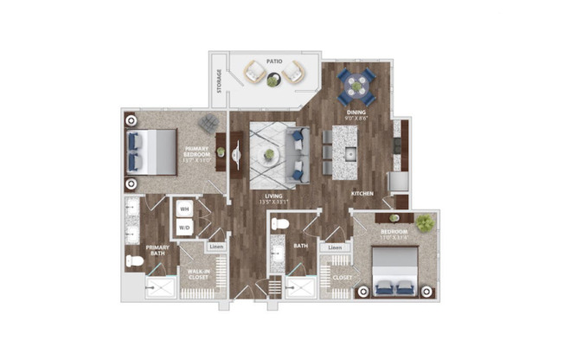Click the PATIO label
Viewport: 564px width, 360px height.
[x=275, y=61]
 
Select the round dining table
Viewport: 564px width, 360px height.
[x=356, y=86]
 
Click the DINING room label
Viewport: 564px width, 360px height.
[x=356, y=112]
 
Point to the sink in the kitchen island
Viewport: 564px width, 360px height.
[x=350, y=153]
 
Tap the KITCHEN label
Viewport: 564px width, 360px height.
[x=362, y=194]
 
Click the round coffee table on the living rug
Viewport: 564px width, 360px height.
[x=269, y=155]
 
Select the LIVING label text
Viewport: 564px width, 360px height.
[x=274, y=196]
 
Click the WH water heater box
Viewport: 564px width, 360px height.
[x=184, y=209]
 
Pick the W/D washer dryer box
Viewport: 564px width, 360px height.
[x=184, y=228]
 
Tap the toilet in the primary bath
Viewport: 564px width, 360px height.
[x=135, y=260]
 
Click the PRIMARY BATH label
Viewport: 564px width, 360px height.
[x=157, y=252]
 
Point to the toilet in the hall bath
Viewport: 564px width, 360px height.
[x=279, y=224]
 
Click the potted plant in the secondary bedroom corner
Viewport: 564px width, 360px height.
[x=424, y=222]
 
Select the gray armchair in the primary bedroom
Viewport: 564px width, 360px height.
[x=208, y=123]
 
